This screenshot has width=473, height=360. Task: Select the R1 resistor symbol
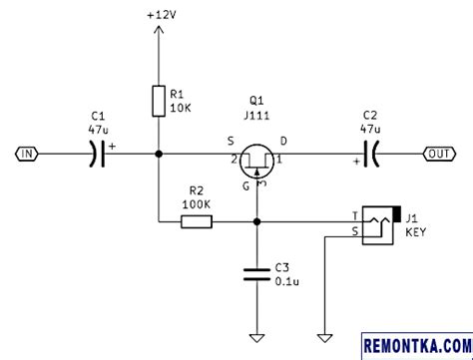159,100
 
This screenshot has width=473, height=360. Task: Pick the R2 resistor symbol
197,221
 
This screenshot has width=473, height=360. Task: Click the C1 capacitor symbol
97,154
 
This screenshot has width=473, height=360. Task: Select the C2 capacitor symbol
370,154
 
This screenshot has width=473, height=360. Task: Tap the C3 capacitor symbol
257,273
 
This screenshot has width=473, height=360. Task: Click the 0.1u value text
287,282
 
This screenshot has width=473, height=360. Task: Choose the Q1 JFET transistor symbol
257,160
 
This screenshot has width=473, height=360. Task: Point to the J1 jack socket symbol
380,225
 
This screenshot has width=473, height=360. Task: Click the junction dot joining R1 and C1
159,154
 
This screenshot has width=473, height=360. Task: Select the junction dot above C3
257,221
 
